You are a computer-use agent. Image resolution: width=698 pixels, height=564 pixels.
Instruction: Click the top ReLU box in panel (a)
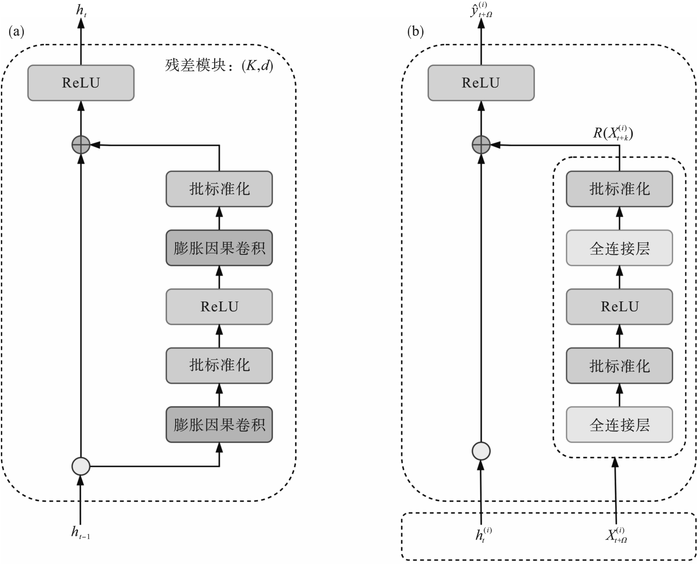click(81, 83)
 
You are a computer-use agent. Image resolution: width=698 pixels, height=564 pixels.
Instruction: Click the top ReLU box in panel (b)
click(481, 83)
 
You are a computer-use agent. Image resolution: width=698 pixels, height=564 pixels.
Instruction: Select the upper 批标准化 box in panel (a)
click(219, 189)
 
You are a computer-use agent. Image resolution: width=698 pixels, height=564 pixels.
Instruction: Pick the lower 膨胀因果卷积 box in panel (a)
click(219, 425)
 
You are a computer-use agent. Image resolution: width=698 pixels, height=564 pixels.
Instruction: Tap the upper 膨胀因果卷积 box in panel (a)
click(219, 248)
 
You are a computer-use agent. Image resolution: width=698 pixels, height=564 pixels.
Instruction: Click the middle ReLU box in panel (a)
click(219, 307)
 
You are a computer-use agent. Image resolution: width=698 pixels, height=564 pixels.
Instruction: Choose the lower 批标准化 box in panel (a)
click(219, 365)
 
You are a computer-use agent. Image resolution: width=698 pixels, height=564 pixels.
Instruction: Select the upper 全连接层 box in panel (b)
click(619, 248)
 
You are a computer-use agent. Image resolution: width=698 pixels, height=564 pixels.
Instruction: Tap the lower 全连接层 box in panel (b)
click(619, 425)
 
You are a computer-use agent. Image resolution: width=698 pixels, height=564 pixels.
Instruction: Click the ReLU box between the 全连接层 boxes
click(619, 307)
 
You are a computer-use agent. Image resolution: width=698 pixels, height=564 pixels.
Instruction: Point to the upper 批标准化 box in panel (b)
click(619, 189)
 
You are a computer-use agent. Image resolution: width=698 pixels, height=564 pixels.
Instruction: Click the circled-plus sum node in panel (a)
click(81, 145)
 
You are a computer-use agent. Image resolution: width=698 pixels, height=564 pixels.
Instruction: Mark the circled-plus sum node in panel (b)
click(481, 145)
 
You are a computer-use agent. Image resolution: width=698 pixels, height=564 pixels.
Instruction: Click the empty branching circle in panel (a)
click(81, 466)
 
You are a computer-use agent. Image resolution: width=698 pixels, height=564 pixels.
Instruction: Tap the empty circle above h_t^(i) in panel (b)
click(481, 451)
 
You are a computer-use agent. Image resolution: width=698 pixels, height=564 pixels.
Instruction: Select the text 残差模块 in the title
click(195, 67)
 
